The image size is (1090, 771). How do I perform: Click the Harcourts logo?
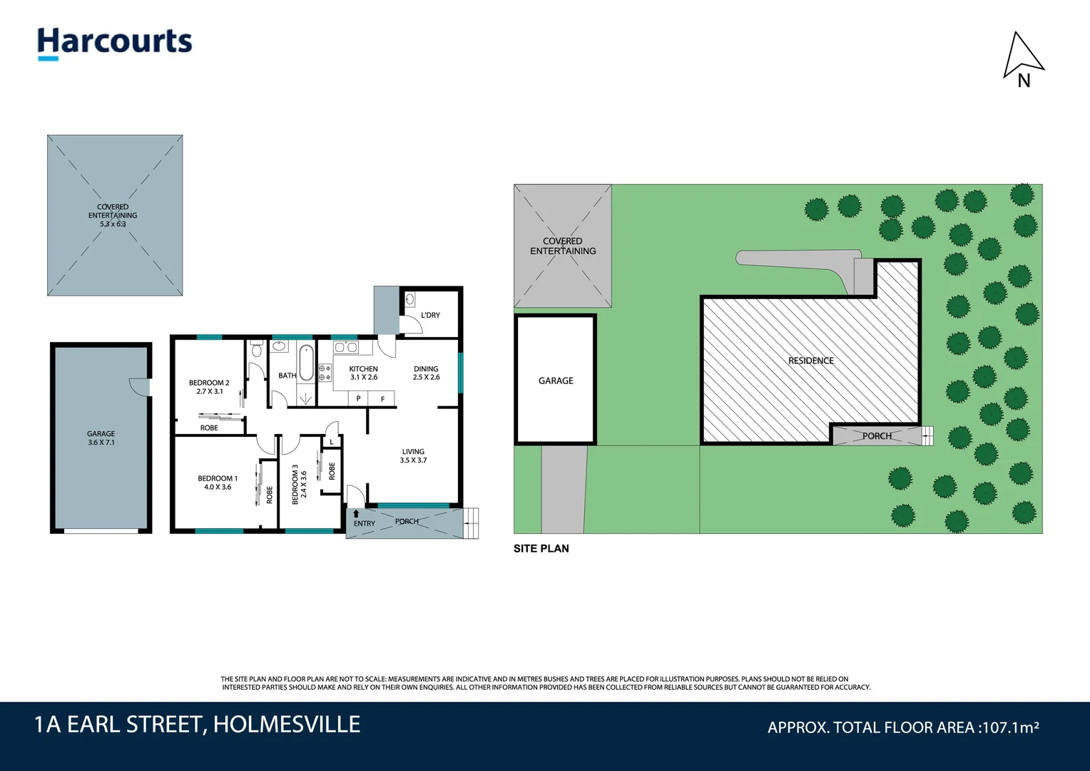(x=115, y=42)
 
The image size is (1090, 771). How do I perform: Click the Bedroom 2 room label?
(x=209, y=383)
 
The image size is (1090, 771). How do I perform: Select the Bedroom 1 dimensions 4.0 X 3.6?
(x=218, y=488)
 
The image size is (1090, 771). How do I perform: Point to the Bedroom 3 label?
(x=295, y=485)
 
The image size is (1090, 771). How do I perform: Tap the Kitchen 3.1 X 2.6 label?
(x=364, y=373)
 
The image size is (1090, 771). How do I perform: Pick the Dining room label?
(x=426, y=369)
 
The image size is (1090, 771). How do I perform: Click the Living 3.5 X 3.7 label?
(x=413, y=456)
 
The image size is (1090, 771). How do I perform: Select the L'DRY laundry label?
(x=430, y=315)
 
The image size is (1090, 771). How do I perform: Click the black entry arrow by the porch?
(x=356, y=513)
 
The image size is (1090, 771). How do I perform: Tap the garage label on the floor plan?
(x=101, y=438)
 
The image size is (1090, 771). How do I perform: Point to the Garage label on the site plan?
(x=556, y=381)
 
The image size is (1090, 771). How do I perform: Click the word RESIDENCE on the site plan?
(x=811, y=361)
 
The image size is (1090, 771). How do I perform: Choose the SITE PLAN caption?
(x=541, y=548)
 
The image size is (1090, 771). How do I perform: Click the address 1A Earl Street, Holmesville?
(x=198, y=725)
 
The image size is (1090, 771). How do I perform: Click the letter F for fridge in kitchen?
(x=383, y=399)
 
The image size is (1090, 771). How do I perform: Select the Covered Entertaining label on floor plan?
(x=113, y=215)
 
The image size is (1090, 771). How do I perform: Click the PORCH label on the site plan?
(x=877, y=436)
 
